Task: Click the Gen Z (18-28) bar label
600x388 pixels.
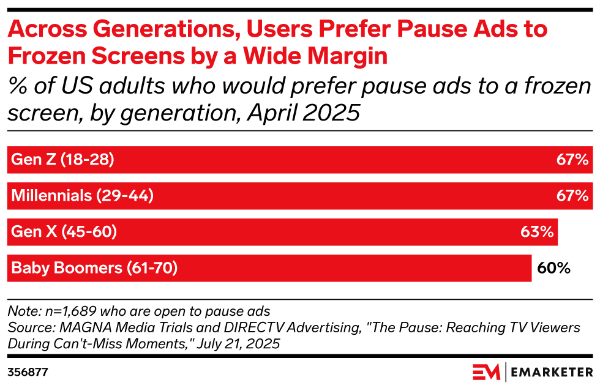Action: tap(62, 160)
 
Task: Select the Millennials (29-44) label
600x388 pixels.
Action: tap(82, 196)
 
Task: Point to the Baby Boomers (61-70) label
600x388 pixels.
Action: tap(94, 267)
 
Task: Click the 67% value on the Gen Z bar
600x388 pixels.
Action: tap(572, 160)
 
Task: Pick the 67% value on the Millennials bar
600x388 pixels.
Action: tap(572, 196)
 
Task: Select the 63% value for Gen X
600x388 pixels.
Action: tap(538, 232)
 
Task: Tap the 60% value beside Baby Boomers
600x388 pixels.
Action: tap(553, 267)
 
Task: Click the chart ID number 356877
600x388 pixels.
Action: tap(28, 371)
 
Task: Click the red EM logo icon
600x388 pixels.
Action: tap(486, 371)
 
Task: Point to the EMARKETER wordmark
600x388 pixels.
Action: tap(550, 371)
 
